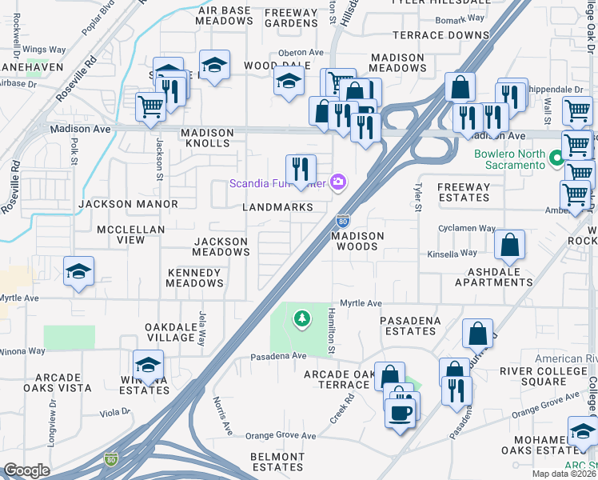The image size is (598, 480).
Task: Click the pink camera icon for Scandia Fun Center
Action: (339, 183)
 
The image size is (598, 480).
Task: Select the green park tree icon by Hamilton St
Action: (301, 320)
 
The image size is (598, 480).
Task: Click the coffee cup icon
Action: (400, 413)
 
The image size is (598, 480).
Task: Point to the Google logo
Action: (26, 470)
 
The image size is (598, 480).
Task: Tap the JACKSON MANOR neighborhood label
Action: (128, 205)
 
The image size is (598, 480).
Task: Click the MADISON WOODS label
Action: (358, 242)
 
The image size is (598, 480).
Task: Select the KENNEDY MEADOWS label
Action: (194, 278)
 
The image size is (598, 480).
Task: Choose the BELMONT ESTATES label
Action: (277, 461)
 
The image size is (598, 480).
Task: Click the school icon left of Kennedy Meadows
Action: (79, 272)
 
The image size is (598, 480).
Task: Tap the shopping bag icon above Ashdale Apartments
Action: (509, 245)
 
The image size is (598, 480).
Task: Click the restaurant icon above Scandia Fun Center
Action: (301, 168)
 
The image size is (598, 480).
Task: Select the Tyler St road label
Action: (417, 196)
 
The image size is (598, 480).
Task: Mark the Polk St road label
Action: (74, 149)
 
